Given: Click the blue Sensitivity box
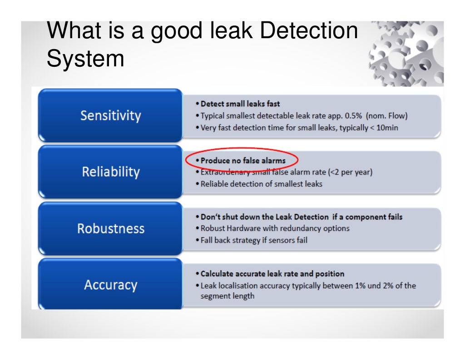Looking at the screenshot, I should (110, 115).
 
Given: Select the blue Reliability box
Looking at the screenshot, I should (110, 172).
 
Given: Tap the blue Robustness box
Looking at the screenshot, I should (110, 228).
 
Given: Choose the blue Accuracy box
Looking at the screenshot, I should (110, 285).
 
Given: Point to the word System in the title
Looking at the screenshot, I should (85, 59).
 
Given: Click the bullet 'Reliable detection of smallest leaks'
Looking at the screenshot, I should (261, 184).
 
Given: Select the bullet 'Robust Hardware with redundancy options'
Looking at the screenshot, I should (275, 228).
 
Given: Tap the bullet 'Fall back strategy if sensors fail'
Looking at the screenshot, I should (254, 240).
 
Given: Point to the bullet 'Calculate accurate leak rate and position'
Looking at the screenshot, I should (272, 274).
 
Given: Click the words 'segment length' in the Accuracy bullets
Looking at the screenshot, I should (228, 296).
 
